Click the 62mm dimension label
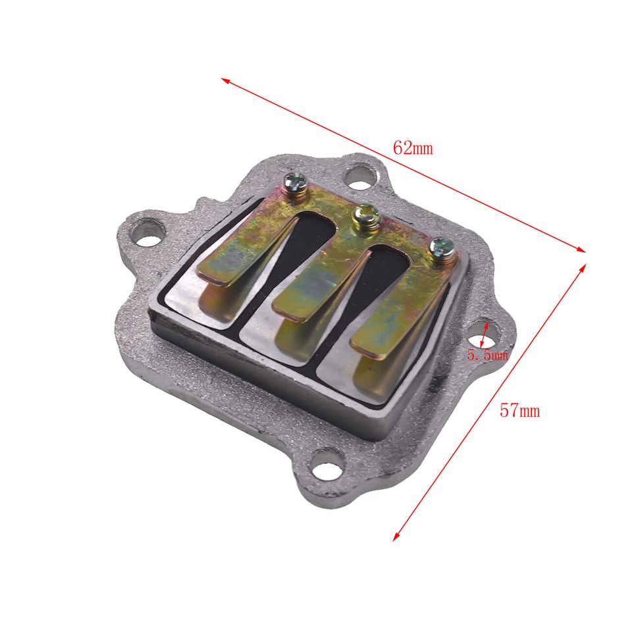413,147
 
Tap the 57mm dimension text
519,411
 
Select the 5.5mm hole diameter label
487,355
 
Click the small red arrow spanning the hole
484,334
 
